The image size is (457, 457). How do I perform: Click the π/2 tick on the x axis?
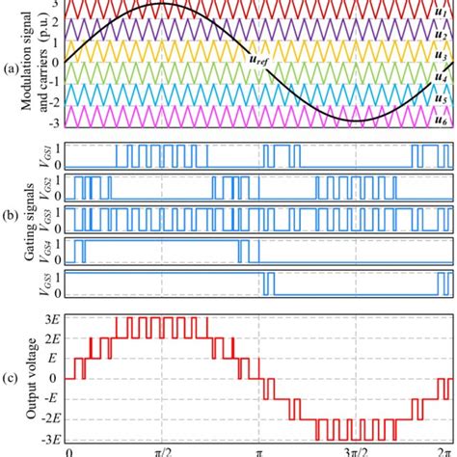click(x=163, y=450)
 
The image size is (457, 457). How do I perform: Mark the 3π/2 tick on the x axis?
click(x=355, y=450)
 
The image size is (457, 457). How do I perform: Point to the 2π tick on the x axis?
click(x=444, y=450)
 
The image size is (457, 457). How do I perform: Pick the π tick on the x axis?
click(x=259, y=450)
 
